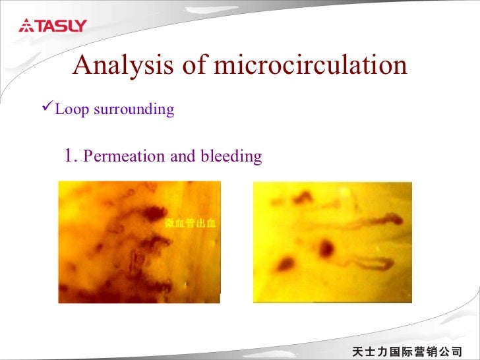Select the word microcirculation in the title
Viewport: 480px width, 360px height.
[x=311, y=65]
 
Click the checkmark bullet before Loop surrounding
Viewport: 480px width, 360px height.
[x=47, y=108]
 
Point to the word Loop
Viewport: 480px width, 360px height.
[x=72, y=109]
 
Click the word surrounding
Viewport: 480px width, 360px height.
[x=134, y=109]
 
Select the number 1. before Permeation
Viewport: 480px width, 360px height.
[x=73, y=156]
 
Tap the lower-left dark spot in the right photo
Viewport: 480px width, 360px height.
[x=285, y=264]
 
